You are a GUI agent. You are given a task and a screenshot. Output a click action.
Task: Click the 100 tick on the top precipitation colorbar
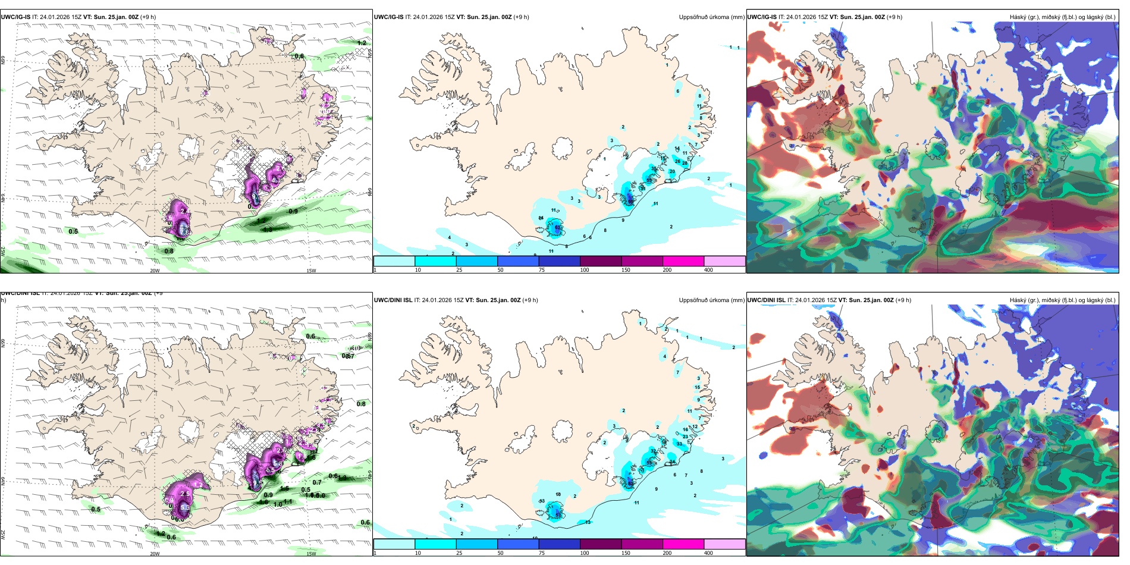585,270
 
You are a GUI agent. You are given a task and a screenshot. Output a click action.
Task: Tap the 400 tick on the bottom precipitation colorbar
708,553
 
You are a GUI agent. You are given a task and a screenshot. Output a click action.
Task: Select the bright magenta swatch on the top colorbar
683,261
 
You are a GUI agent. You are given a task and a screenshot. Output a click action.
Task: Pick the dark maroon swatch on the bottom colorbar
601,544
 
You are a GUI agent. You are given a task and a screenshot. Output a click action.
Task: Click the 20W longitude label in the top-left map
155,271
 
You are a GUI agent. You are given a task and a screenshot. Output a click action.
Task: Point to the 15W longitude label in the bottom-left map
311,554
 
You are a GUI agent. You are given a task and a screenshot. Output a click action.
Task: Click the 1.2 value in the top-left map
362,43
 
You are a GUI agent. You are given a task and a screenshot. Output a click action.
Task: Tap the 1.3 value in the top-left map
268,229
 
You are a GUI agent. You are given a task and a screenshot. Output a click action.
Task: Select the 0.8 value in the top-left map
169,251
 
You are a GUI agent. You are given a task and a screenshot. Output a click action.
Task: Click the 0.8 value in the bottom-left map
361,404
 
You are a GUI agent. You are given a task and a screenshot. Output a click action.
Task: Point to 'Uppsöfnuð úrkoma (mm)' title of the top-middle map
711,17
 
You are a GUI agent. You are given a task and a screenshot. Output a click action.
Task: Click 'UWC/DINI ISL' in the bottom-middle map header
393,300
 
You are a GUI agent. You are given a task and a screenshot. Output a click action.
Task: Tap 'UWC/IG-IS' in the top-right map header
762,17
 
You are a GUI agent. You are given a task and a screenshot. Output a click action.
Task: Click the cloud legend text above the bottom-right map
1062,300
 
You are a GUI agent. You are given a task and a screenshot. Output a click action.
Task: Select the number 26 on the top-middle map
677,161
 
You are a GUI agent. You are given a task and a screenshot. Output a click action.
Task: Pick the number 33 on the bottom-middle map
679,444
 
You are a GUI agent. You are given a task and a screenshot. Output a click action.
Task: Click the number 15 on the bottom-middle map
698,388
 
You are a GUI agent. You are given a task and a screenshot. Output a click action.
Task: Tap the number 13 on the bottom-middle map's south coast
588,522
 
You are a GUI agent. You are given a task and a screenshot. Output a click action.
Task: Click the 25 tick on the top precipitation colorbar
459,270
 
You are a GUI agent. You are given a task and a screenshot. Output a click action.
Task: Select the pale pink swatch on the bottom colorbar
724,544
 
